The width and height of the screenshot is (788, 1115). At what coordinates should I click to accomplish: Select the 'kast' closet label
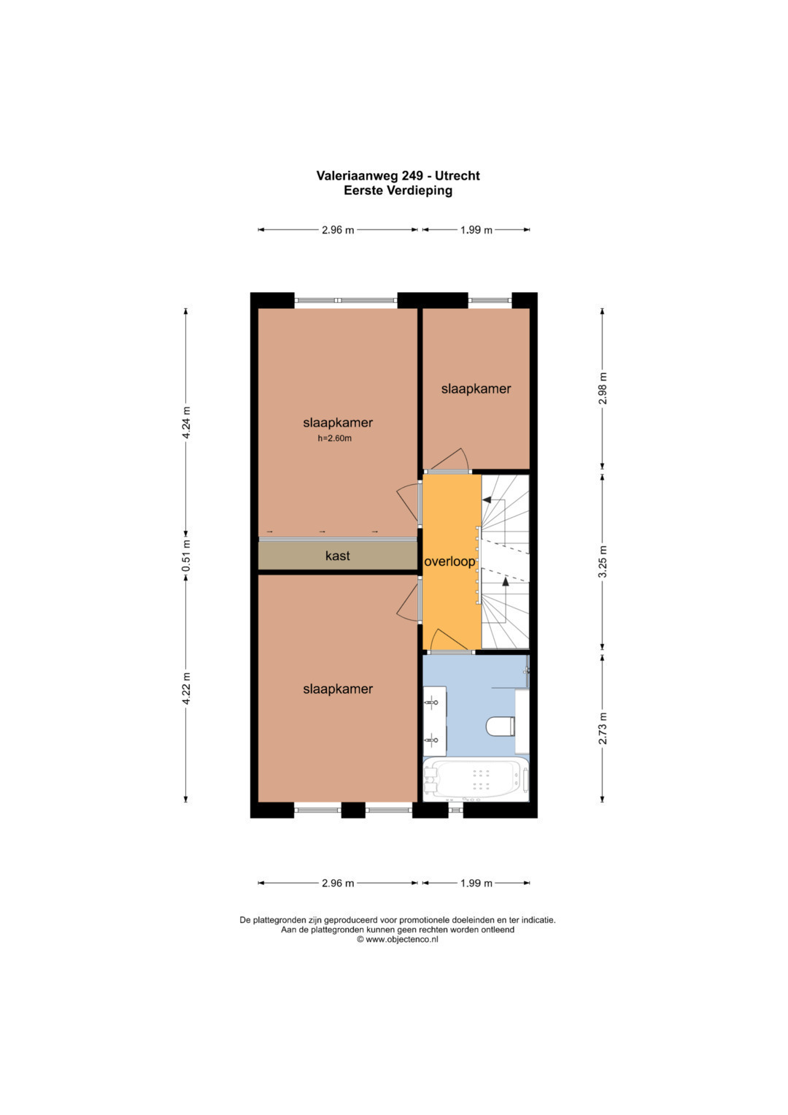click(x=337, y=556)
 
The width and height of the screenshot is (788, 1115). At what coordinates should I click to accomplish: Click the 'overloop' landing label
click(x=449, y=562)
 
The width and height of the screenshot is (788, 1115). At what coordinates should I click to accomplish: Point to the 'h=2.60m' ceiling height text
click(x=334, y=439)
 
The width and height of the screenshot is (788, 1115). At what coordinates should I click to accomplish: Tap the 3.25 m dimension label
click(x=603, y=562)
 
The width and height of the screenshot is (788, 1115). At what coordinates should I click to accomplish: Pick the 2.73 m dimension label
click(x=603, y=728)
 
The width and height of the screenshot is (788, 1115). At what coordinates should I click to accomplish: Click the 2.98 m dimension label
click(x=603, y=388)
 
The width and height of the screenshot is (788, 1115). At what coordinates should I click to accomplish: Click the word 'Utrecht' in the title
click(x=457, y=175)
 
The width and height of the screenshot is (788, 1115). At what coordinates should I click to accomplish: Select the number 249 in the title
click(x=412, y=175)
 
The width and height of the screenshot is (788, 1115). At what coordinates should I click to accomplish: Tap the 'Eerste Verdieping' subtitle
click(x=398, y=190)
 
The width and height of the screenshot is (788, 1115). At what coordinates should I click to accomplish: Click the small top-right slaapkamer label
click(x=476, y=388)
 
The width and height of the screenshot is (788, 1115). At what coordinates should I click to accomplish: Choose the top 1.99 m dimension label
click(x=476, y=230)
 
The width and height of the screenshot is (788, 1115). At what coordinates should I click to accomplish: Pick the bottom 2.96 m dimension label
click(x=338, y=883)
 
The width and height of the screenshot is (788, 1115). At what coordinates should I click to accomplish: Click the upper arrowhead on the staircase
click(x=487, y=499)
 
